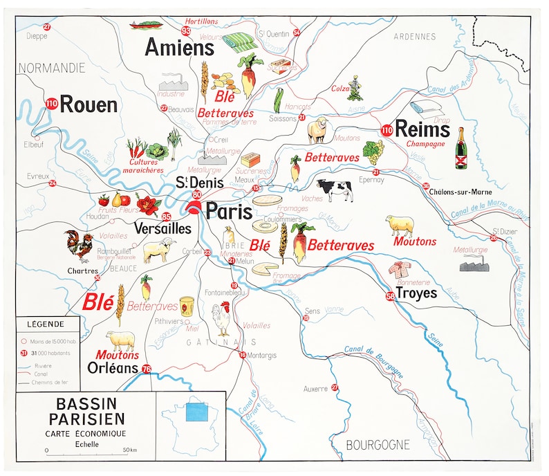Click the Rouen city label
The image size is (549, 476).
(x=89, y=104)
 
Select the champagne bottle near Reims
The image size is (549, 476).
(x=460, y=147)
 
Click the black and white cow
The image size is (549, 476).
(x=334, y=190)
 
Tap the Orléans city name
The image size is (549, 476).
(x=113, y=368)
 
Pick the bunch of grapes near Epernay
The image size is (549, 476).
(x=373, y=150)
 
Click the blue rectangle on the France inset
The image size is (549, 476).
(x=198, y=412)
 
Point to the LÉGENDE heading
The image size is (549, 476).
(x=45, y=323)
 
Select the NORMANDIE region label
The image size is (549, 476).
(x=52, y=68)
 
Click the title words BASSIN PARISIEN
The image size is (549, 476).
(x=86, y=411)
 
